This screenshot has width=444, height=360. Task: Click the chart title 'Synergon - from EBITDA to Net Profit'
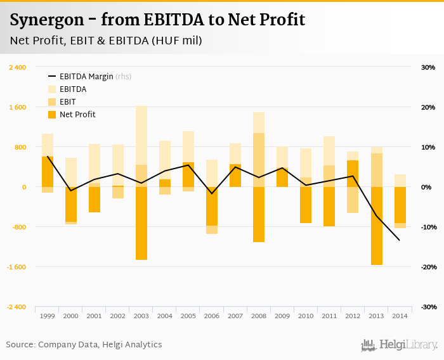pos(158,20)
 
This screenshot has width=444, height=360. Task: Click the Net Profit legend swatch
pos(52,115)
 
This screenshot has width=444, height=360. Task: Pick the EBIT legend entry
pos(68,102)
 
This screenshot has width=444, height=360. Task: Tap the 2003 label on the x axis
pos(141,316)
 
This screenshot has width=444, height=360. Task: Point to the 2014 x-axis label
pos(400,316)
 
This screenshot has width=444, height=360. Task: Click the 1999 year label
pos(47,316)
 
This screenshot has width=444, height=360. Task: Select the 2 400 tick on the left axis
pos(17,67)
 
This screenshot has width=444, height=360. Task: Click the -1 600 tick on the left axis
pos(16,267)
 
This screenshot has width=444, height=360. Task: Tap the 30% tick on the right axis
pos(428,67)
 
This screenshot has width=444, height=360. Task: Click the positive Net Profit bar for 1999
pos(48,172)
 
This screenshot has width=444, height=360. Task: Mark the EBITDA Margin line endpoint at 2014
pos(400,240)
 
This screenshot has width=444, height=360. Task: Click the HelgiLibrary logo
pos(400,345)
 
